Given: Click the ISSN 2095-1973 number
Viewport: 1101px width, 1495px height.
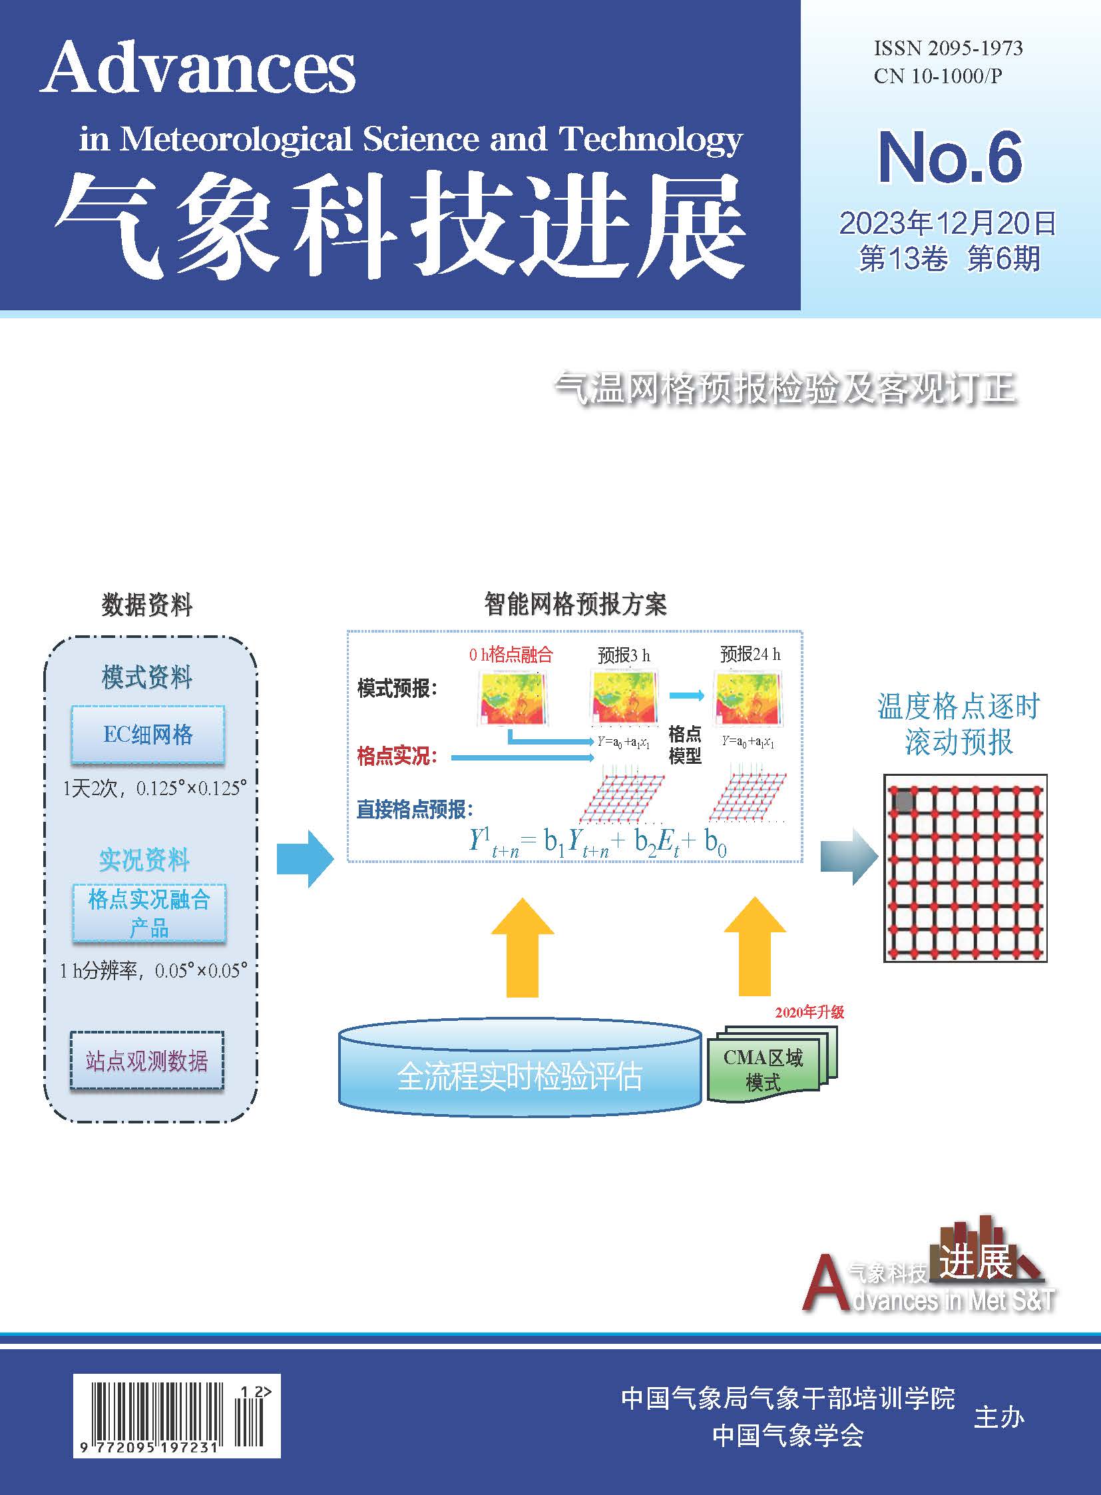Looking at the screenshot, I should click(948, 48).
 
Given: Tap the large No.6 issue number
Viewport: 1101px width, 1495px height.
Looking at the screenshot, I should click(950, 157).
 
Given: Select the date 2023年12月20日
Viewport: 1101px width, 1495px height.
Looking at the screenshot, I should click(947, 223).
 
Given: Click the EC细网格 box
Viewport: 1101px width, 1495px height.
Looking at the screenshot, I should click(148, 734).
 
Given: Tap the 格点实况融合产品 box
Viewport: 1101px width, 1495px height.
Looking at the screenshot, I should click(149, 912).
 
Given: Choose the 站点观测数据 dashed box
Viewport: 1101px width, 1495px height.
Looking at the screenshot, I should click(146, 1060).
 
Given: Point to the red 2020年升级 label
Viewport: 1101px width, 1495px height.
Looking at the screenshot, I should click(809, 1012).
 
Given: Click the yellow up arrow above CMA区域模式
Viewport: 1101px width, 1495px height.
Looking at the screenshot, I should click(754, 947).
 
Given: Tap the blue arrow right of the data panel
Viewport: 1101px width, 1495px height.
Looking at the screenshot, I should click(306, 858).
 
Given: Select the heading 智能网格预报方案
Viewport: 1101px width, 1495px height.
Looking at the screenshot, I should click(575, 604).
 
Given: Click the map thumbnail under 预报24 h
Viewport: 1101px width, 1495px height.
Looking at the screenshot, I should click(748, 698).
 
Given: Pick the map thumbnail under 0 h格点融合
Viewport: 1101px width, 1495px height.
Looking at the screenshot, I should click(513, 698).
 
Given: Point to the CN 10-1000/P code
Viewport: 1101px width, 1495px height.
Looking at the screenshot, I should click(938, 76).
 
